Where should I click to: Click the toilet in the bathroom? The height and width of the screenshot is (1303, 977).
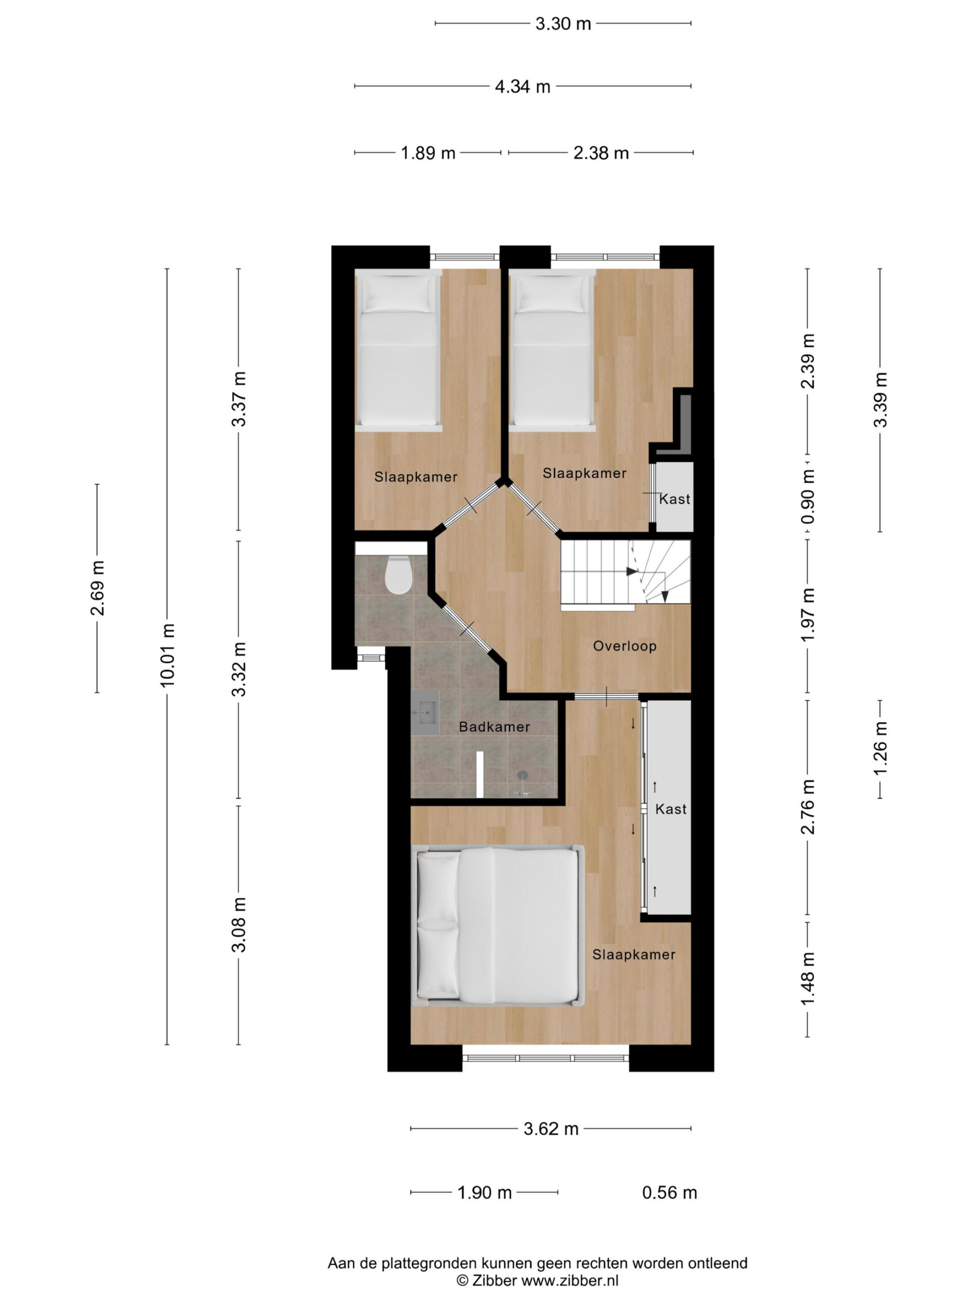pyautogui.click(x=397, y=574)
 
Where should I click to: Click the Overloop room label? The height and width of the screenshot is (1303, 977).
pyautogui.click(x=624, y=645)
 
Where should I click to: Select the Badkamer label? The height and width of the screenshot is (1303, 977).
pyautogui.click(x=494, y=727)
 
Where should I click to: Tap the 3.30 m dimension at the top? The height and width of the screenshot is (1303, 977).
pyautogui.click(x=562, y=23)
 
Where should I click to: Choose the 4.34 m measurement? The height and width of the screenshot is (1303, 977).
pyautogui.click(x=523, y=87)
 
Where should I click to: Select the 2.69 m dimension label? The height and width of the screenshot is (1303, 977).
pyautogui.click(x=97, y=588)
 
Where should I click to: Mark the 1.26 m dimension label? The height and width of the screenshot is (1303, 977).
pyautogui.click(x=880, y=749)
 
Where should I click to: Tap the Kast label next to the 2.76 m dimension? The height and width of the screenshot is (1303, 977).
pyautogui.click(x=671, y=809)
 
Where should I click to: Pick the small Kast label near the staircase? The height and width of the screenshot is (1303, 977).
pyautogui.click(x=674, y=499)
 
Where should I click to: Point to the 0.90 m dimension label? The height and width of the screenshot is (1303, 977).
pyautogui.click(x=808, y=496)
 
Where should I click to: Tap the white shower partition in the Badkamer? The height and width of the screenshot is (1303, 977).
pyautogui.click(x=480, y=775)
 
